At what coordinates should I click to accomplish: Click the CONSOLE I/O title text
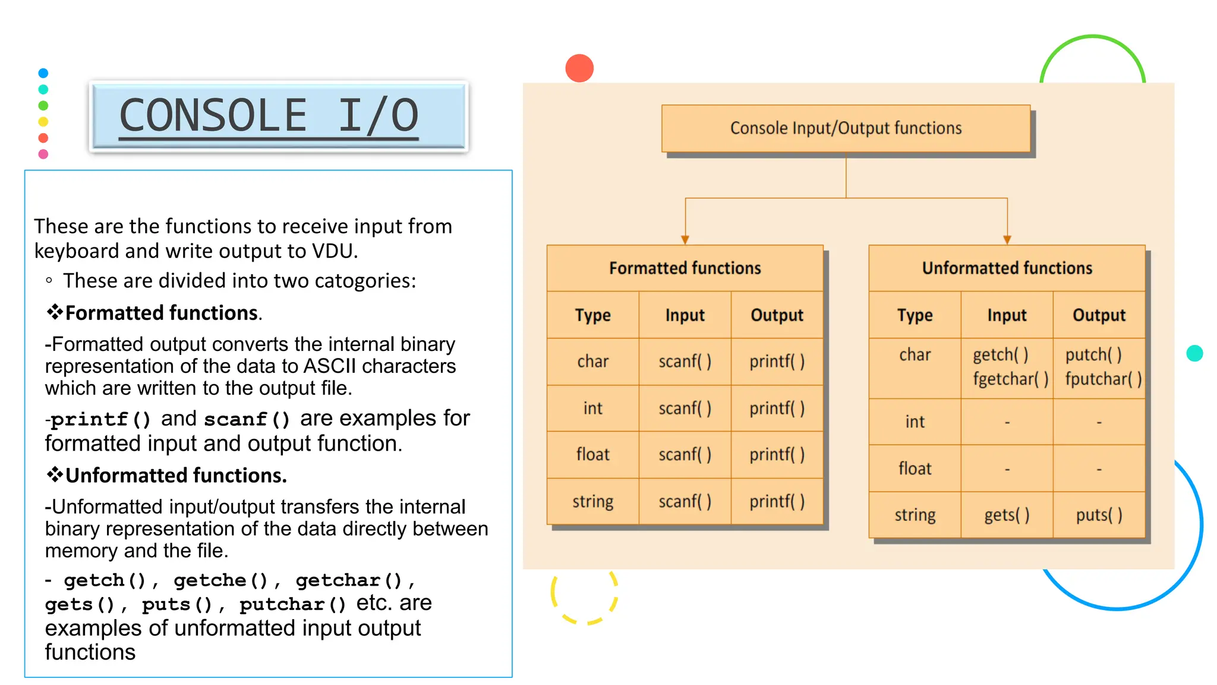point(269,115)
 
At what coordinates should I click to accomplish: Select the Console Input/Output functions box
point(846,128)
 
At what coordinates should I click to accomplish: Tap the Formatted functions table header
point(685,268)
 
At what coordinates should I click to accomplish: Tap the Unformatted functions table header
point(1007,268)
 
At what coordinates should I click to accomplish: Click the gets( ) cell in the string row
point(1007,515)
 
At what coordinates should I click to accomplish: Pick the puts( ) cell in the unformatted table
point(1099,515)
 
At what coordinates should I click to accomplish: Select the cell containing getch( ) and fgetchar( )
point(1007,367)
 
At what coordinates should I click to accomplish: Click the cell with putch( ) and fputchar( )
point(1099,367)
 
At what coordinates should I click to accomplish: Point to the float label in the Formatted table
point(592,455)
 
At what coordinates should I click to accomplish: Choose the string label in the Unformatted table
point(915,515)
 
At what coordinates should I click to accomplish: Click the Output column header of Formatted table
point(777,315)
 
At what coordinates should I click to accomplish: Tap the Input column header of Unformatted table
point(1007,315)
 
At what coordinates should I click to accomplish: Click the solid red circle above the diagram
point(579,68)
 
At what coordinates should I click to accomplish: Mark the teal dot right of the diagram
point(1194,353)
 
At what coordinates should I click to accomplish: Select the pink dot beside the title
point(43,154)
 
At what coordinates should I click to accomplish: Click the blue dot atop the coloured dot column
point(43,73)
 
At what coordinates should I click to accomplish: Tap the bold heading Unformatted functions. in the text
point(176,476)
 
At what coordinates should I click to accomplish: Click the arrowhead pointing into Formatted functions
point(685,240)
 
